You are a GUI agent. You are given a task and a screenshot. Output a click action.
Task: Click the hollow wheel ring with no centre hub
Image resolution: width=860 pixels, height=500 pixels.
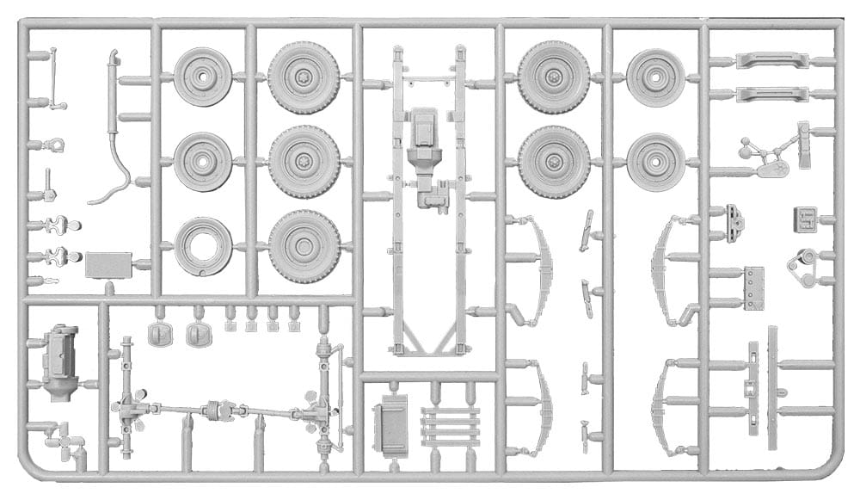tap(203, 246)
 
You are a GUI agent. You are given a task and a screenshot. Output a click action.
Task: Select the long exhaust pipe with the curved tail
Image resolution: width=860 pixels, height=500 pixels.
tap(112, 129)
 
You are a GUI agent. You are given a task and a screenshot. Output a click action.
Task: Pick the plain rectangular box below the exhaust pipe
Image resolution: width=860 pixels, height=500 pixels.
tap(108, 265)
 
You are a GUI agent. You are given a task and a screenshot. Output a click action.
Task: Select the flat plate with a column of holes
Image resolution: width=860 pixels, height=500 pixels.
tap(754, 287)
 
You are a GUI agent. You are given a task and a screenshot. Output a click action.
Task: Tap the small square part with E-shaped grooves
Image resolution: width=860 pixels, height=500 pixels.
tap(804, 219)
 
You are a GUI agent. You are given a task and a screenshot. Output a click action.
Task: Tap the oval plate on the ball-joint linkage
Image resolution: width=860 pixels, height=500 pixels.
tap(773, 170)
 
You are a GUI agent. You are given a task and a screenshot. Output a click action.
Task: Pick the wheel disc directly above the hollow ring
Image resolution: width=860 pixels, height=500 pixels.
tap(203, 162)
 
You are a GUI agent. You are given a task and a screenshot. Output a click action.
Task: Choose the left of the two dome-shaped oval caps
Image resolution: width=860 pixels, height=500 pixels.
tap(160, 335)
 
